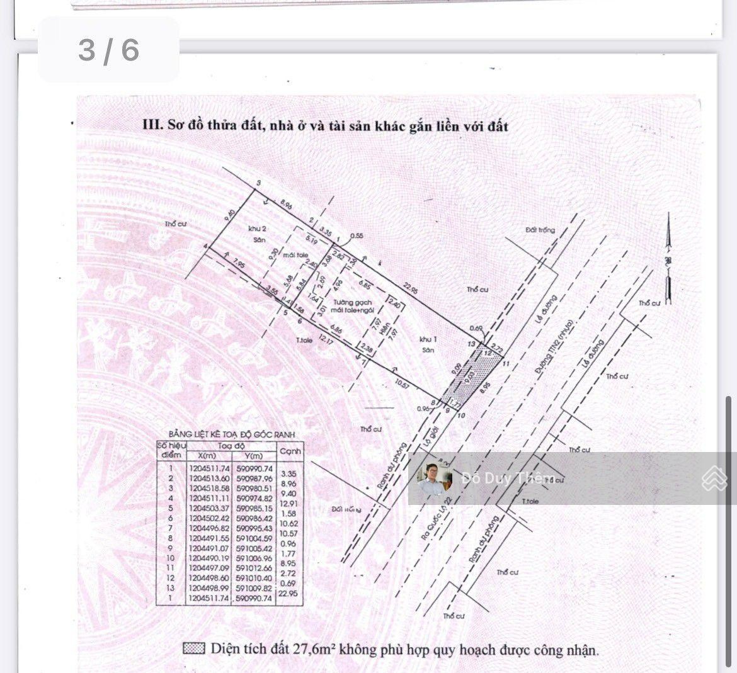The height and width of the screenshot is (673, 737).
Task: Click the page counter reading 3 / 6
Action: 108,50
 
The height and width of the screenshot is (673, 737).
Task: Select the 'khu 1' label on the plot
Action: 428,339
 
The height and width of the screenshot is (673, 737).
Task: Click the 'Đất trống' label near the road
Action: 540,230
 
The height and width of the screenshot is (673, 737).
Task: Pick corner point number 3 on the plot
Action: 258,183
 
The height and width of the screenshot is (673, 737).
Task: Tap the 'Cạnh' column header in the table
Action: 290,451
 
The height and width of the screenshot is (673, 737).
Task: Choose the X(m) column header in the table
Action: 207,456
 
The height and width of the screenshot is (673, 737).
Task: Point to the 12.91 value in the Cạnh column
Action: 289,504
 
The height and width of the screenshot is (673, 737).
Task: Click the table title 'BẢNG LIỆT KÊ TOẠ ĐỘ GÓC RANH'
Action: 231,434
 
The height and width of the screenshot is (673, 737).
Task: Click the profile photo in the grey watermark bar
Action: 435,478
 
